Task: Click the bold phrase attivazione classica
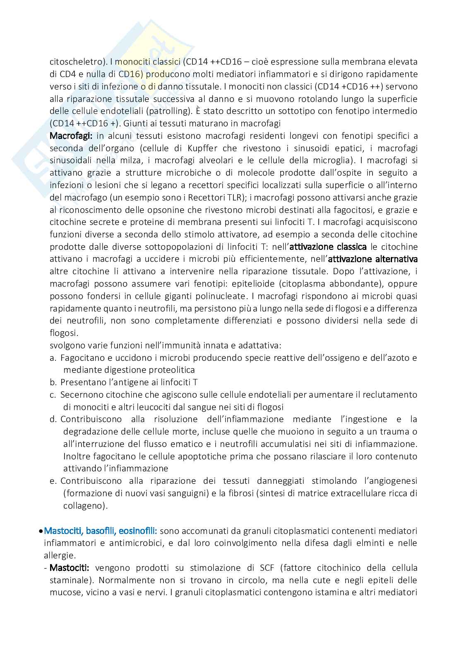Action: (328, 247)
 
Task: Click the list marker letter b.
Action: (53, 382)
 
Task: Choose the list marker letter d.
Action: (53, 419)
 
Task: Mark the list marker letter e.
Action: (53, 481)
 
